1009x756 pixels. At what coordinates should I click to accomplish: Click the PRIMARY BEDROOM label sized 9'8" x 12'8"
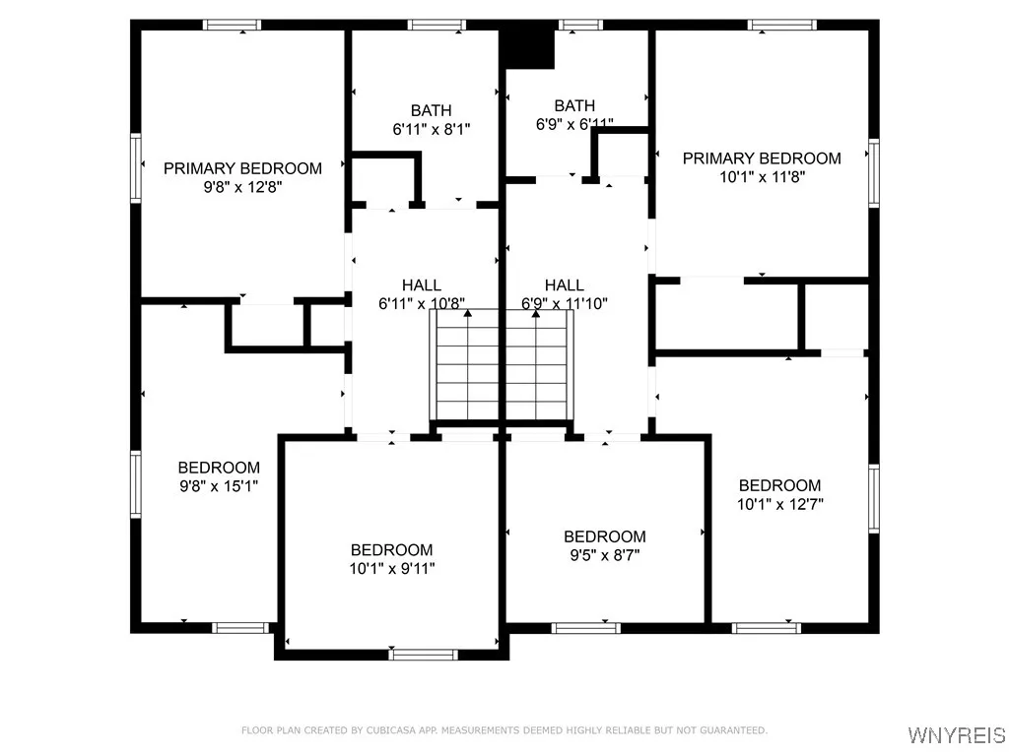[242, 168]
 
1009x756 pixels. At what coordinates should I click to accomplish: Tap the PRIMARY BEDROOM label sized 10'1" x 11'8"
[762, 158]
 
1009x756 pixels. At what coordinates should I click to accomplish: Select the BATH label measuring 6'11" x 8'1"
[431, 111]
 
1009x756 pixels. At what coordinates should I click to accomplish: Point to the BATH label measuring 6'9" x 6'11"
[574, 106]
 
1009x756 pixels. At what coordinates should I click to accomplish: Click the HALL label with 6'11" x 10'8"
[422, 285]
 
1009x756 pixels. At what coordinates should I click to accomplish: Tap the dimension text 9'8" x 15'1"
[219, 485]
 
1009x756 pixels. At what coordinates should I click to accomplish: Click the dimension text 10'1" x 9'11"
[392, 568]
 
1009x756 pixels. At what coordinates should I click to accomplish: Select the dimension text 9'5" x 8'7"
[605, 554]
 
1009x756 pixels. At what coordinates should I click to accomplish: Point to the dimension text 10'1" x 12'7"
[780, 503]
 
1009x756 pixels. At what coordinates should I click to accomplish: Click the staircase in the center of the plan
[502, 365]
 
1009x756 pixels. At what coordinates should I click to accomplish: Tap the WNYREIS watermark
[957, 735]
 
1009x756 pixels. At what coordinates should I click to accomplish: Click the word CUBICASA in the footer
[357, 730]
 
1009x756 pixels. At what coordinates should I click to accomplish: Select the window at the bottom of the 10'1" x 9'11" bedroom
[424, 654]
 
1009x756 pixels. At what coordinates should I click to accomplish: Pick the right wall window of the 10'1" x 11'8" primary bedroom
[873, 173]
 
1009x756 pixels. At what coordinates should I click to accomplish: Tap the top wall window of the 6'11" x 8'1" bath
[437, 25]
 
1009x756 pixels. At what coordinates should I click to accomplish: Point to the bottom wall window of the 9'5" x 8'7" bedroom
[585, 627]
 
